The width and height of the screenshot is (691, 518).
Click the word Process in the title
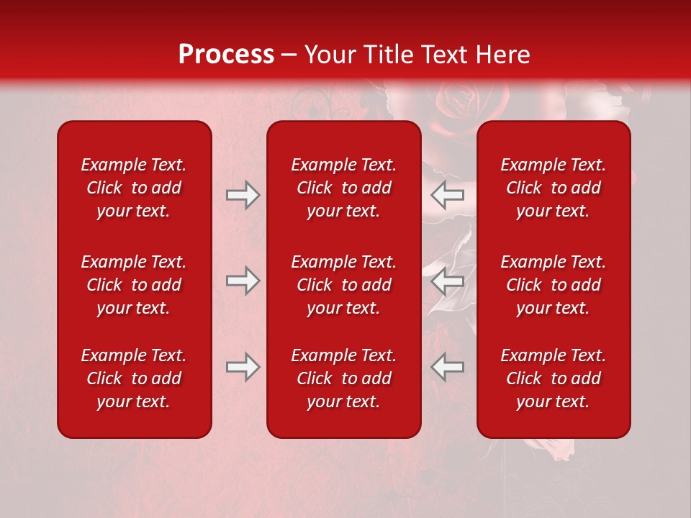click(226, 55)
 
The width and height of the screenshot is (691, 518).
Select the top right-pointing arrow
click(243, 195)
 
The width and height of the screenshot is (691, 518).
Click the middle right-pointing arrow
click(243, 281)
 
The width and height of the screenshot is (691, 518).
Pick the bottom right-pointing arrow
click(243, 367)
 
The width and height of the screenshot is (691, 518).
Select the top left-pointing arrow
click(447, 195)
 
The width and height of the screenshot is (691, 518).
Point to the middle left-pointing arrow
click(447, 281)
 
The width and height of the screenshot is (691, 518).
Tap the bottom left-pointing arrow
click(447, 367)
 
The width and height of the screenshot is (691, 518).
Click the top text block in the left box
click(134, 188)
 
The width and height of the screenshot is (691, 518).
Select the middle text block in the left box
click(134, 285)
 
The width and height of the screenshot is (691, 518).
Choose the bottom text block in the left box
click(134, 378)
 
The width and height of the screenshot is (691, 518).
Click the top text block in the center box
click(343, 188)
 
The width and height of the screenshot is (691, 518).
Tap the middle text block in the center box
click(343, 285)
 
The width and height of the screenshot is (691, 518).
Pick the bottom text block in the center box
click(343, 378)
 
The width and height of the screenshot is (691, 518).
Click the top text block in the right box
click(553, 188)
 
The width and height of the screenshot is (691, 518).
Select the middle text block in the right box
click(553, 285)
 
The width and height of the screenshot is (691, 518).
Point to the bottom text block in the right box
click(553, 378)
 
